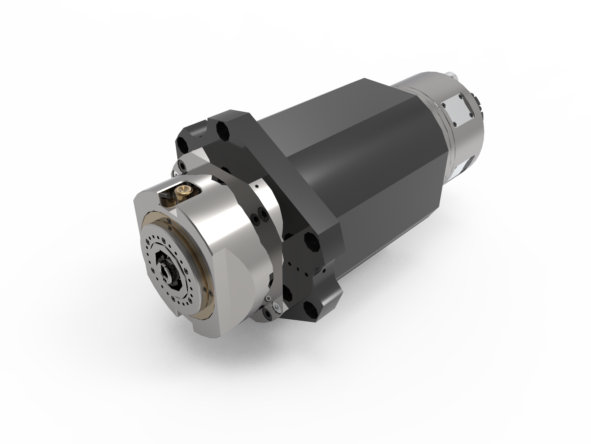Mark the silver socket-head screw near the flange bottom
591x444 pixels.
276,306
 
